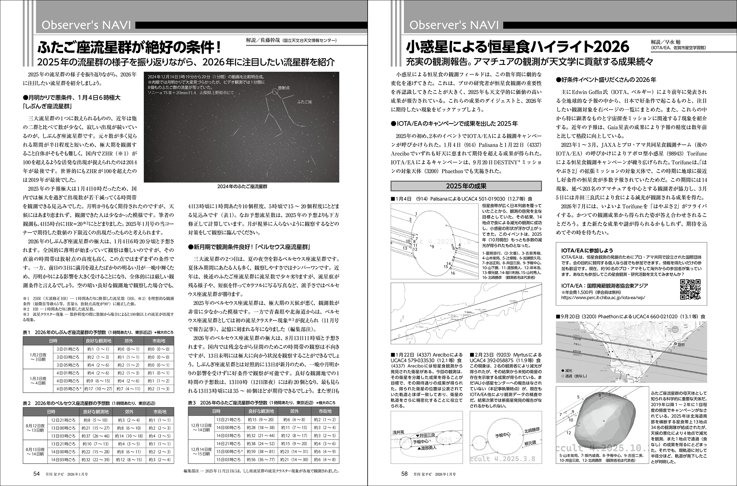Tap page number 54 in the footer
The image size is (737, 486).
point(37,474)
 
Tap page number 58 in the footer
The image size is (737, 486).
point(404,474)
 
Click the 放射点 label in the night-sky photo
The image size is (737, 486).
point(284,88)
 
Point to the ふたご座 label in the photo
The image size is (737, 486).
point(304,102)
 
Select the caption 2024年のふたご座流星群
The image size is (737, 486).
point(242,187)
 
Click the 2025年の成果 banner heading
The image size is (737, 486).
point(466,186)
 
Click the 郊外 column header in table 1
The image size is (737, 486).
point(128,341)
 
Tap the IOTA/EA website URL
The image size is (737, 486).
point(603,298)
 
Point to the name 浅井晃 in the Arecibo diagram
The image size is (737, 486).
point(398,432)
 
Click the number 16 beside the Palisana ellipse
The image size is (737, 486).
point(453,273)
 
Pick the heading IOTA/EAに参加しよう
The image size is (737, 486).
point(587,251)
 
